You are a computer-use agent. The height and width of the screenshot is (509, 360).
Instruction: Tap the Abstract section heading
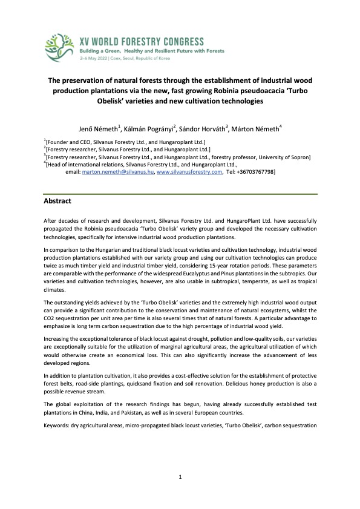point(58,200)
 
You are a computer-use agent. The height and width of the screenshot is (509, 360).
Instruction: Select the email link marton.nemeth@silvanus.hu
point(117,172)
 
